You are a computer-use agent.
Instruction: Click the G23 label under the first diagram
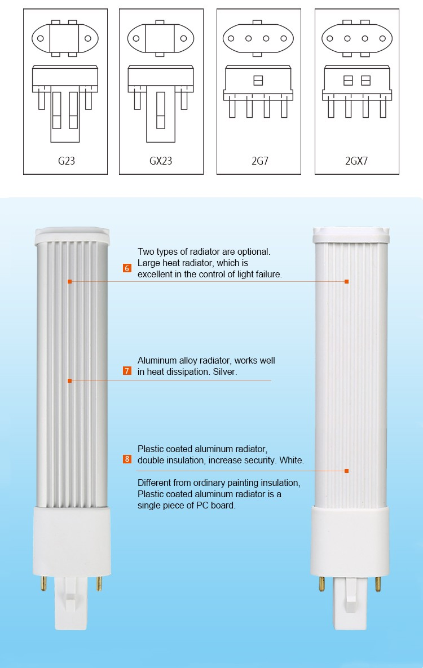[66, 161]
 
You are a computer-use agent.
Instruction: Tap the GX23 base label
[161, 161]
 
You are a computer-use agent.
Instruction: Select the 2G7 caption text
[259, 161]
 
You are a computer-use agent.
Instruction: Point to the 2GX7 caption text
[356, 161]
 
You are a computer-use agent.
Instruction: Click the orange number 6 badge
[127, 268]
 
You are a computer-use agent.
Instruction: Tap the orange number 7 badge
[127, 371]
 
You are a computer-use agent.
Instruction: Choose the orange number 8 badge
[127, 459]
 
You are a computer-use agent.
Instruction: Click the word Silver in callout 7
[224, 372]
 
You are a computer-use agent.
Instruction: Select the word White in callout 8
[291, 461]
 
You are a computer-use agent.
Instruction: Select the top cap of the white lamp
[351, 232]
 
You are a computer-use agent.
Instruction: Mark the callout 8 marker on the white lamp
[346, 471]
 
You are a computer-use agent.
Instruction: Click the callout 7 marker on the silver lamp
[69, 381]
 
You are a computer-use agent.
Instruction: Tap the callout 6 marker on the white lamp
[346, 281]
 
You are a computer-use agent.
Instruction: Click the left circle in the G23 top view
[41, 39]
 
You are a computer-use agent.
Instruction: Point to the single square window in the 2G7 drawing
[258, 80]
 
